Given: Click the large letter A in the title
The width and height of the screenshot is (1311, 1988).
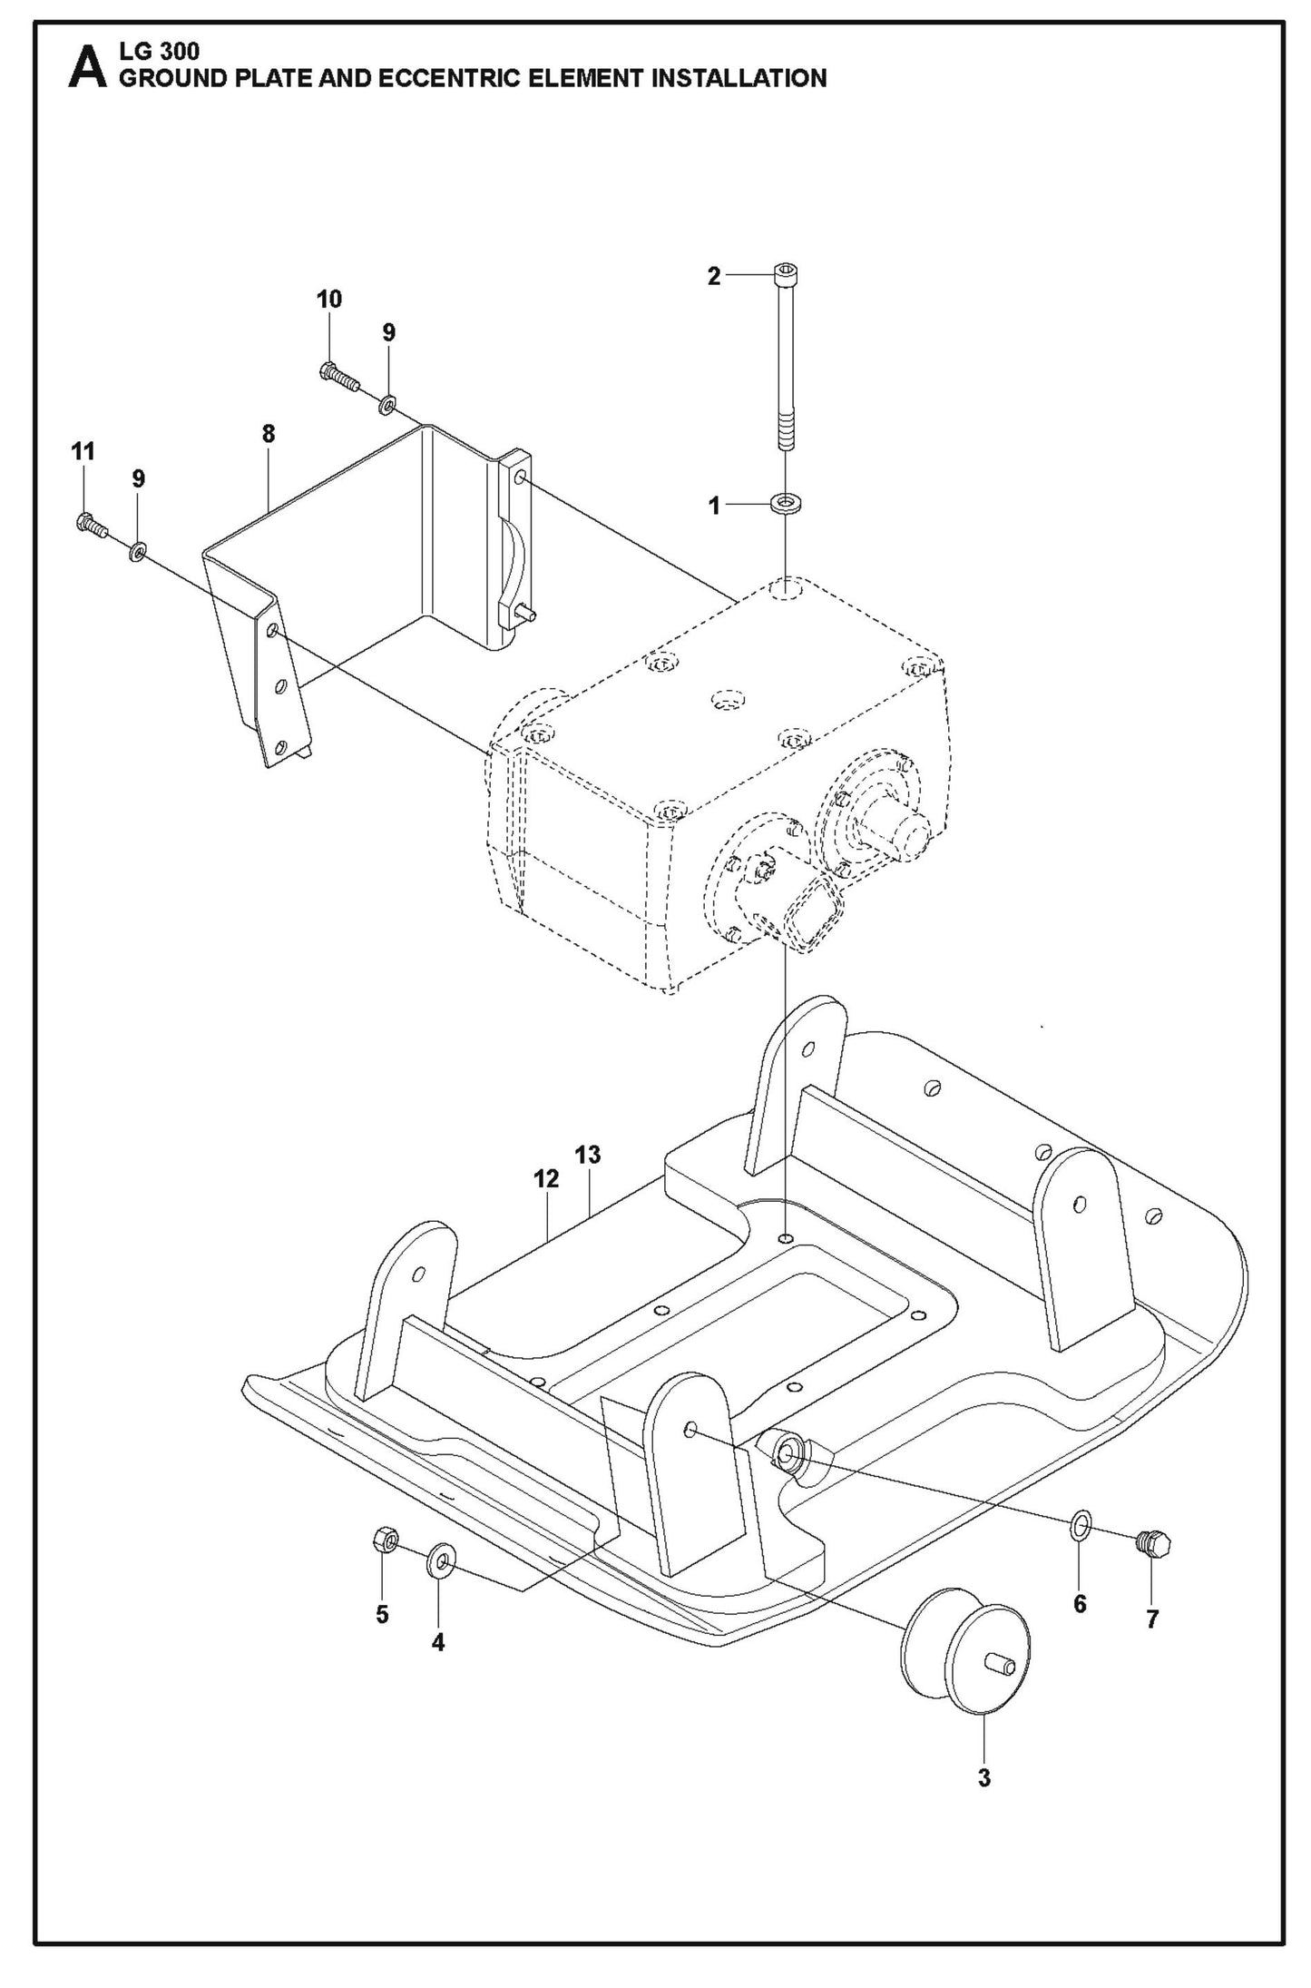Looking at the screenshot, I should tap(86, 68).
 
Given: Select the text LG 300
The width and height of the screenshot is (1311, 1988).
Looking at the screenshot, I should tap(159, 53).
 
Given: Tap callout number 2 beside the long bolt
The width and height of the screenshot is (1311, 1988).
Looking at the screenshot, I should tap(714, 277).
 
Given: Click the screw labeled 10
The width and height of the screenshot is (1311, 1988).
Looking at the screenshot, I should tap(338, 375).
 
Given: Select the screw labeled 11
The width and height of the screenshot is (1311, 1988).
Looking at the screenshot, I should tap(90, 525).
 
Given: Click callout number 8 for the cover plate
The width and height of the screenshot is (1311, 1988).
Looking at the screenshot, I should tap(268, 434).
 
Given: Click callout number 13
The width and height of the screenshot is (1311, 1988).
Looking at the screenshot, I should tap(588, 1155).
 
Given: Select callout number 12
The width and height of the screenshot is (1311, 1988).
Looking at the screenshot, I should tap(546, 1178).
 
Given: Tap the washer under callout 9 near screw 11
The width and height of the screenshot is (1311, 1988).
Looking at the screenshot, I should tap(138, 550).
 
